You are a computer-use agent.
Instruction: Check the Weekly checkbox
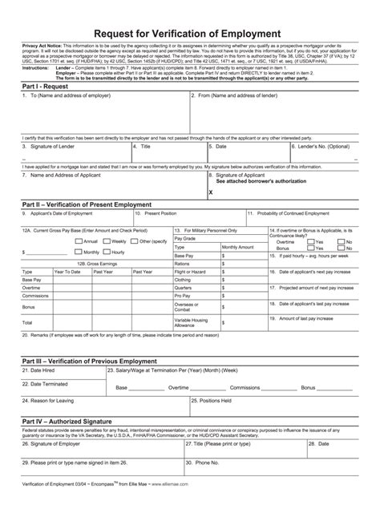pyautogui.click(x=107, y=240)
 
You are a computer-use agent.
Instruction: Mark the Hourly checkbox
pyautogui.click(x=107, y=252)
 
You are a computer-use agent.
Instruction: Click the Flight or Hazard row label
pyautogui.click(x=190, y=271)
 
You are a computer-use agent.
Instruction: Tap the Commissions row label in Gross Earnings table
pyautogui.click(x=35, y=295)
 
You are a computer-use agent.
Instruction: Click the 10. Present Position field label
pyautogui.click(x=157, y=213)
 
